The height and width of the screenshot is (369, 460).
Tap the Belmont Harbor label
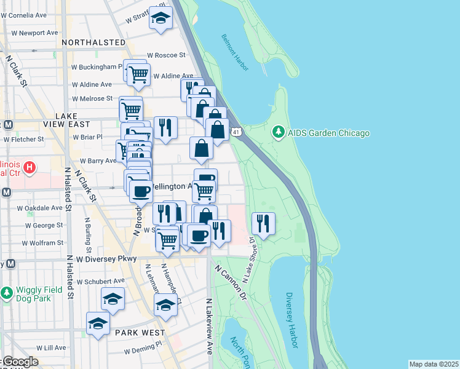[234, 52]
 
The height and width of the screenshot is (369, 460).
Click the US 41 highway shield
[237, 132]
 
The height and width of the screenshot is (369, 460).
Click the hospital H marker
[29, 167]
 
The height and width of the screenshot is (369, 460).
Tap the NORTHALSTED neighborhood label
[93, 42]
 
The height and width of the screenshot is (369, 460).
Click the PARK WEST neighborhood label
[140, 333]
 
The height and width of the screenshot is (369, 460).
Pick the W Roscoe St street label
[166, 55]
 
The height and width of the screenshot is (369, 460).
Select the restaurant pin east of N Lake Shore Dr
[263, 224]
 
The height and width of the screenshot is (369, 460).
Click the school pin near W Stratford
[161, 18]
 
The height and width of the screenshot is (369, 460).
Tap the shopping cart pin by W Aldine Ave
[138, 74]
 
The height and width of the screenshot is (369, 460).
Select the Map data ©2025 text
[433, 364]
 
